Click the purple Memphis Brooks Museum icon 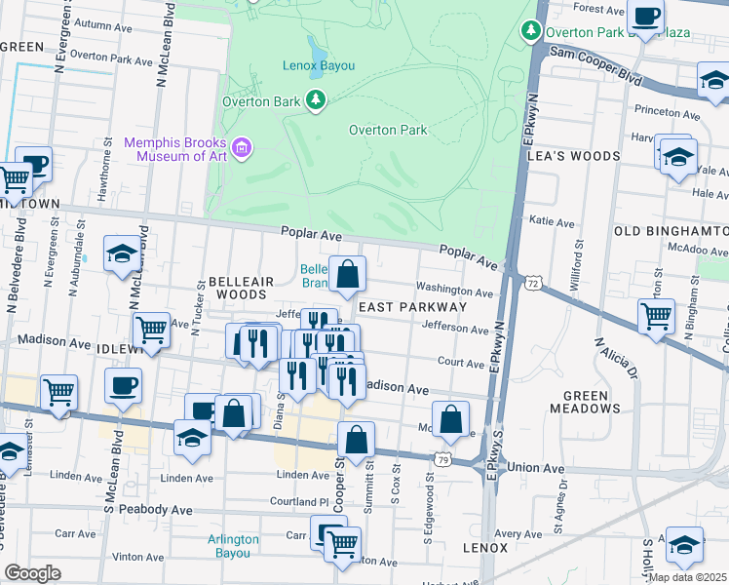click(242, 149)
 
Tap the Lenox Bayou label click(318, 65)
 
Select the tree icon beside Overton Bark click(316, 99)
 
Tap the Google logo click(32, 573)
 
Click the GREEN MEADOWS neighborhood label click(585, 403)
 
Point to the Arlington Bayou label click(233, 546)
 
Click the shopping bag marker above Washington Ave click(347, 275)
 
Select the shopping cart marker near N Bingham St click(656, 316)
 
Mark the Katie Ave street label click(552, 222)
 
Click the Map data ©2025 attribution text click(688, 577)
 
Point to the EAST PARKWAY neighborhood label click(413, 306)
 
